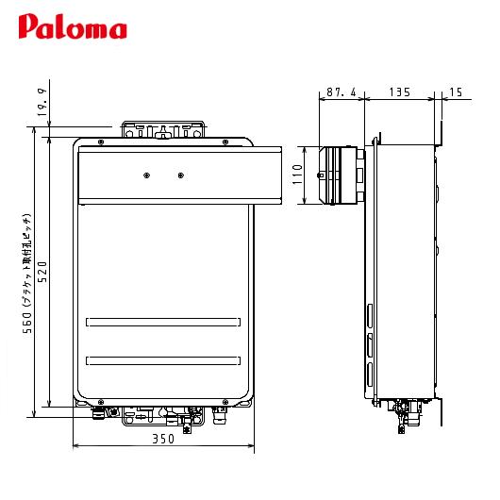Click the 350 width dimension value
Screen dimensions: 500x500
coord(162,439)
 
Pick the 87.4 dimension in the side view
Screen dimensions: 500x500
coord(341,92)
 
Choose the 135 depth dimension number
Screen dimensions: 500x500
coord(399,92)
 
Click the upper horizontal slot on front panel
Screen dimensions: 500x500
coord(162,322)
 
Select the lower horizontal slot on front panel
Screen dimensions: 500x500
coord(162,359)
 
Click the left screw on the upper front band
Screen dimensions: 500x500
coord(145,174)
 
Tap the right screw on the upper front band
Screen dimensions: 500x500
coord(180,174)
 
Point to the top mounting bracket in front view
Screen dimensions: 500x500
coord(162,129)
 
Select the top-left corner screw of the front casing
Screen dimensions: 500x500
coord(99,142)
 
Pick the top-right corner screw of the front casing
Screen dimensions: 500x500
coord(225,142)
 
